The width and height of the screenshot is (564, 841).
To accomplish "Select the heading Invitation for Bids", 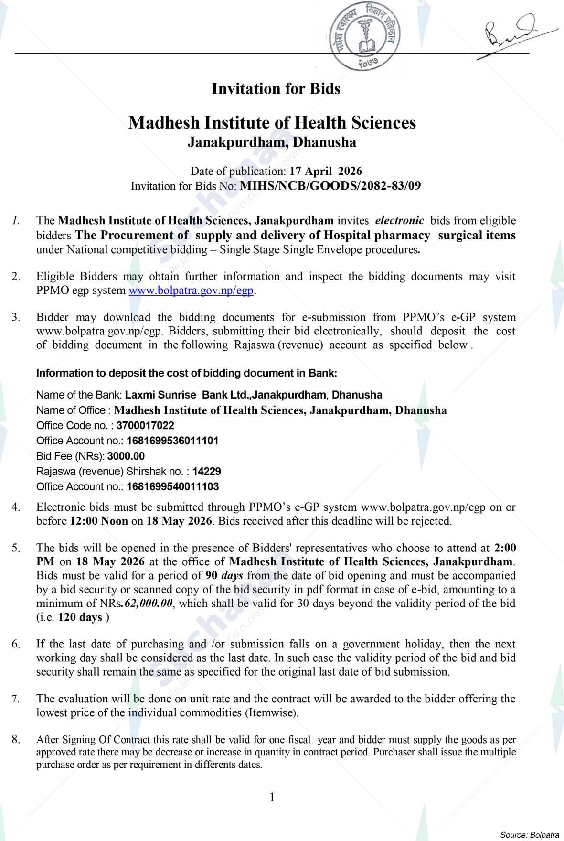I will click(x=276, y=89).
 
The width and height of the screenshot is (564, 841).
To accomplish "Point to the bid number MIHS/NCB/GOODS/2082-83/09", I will click(x=330, y=186).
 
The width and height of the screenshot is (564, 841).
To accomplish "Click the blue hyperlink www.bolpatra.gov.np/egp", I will click(x=191, y=291).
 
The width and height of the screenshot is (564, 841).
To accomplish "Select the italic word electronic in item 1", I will click(x=400, y=221).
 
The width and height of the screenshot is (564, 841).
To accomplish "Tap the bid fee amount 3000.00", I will click(x=126, y=456).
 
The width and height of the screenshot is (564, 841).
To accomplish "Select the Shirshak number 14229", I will click(x=207, y=471).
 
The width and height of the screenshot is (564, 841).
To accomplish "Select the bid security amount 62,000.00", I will click(x=148, y=604).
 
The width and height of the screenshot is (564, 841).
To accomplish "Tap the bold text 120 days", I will click(x=80, y=617).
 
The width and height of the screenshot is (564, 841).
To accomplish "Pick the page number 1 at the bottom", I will click(x=272, y=797).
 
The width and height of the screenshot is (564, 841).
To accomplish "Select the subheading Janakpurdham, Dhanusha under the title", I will click(x=272, y=142).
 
